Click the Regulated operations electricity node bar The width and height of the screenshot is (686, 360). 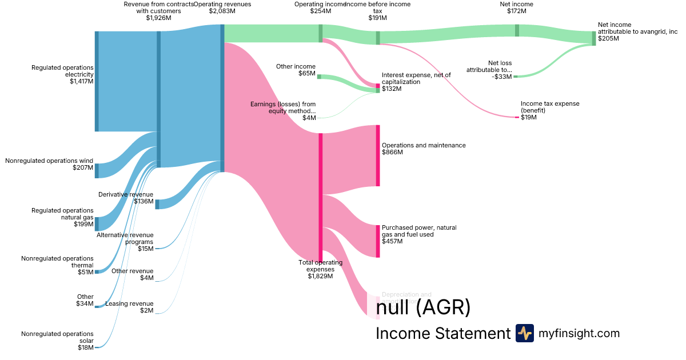97,81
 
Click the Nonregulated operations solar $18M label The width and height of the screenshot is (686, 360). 57,340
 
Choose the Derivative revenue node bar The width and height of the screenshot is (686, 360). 157,204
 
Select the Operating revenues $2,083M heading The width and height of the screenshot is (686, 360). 222,7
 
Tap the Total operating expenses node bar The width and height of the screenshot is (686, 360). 321,197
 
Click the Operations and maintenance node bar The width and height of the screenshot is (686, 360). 377,155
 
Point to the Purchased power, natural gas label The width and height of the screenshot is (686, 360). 419,231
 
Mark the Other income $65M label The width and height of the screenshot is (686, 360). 296,70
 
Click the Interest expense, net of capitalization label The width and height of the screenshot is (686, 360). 416,78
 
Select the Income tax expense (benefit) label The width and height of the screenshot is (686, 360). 550,107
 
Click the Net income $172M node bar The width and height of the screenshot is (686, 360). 517,30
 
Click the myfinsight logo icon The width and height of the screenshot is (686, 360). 524,333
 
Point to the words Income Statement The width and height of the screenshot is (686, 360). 442,333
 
